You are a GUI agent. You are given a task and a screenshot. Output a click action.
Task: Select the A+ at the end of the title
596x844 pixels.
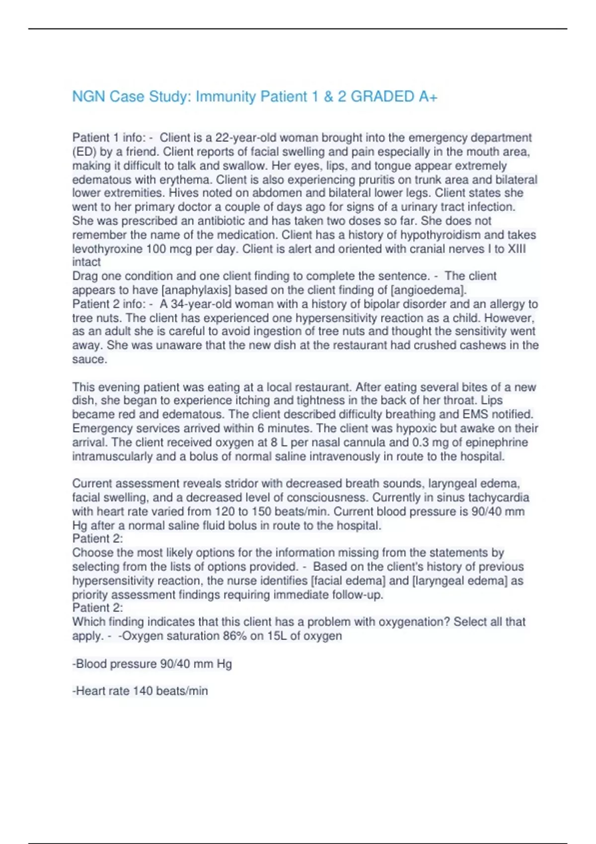point(428,96)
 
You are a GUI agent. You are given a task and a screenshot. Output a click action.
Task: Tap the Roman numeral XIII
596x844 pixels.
point(516,249)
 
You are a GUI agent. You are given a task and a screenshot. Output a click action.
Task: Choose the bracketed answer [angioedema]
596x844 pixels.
point(428,290)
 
